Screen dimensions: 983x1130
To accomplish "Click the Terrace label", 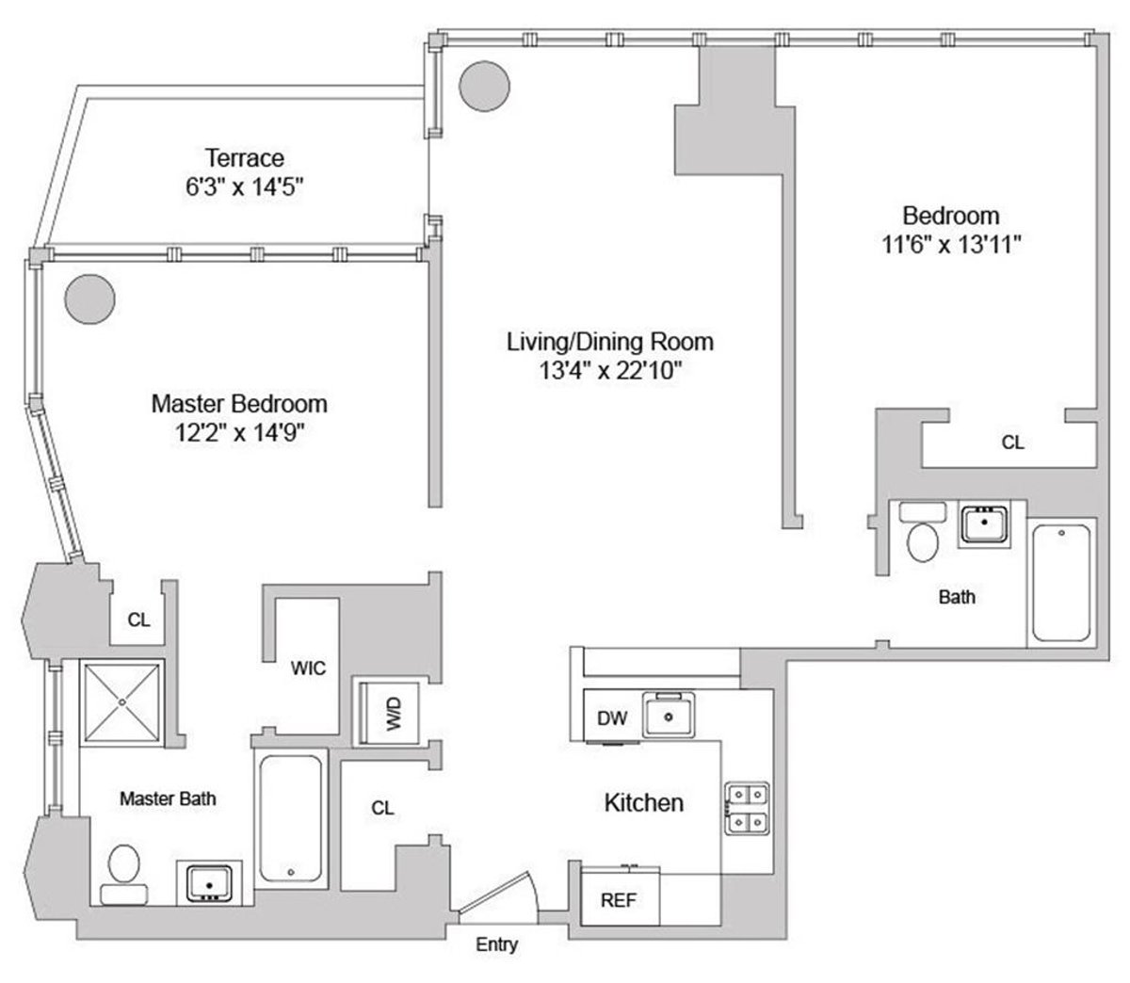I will tap(245, 157).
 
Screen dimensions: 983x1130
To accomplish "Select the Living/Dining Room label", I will tap(610, 341).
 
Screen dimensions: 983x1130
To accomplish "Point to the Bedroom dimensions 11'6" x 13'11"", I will tap(948, 245).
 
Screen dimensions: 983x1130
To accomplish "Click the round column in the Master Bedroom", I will tap(90, 298).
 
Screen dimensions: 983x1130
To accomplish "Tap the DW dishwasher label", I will tap(612, 718).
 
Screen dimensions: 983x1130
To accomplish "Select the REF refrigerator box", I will tap(619, 899).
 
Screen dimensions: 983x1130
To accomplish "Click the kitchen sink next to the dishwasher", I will tap(670, 715).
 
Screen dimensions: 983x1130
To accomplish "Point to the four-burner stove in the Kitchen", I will tap(747, 808).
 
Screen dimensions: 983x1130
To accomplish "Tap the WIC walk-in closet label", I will tap(308, 669).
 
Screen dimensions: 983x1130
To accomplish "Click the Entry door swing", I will tap(499, 896).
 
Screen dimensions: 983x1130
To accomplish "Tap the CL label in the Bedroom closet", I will tap(1012, 442).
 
